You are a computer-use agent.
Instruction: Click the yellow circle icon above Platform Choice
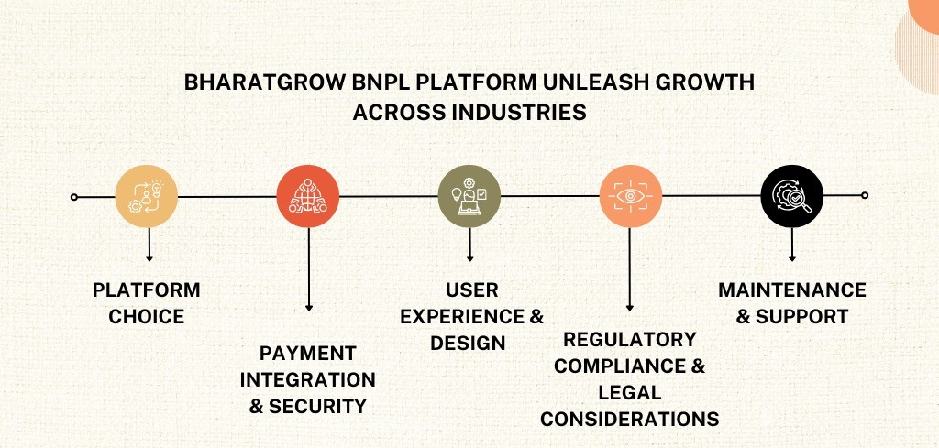coord(146,196)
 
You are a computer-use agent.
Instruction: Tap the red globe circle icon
coord(308,196)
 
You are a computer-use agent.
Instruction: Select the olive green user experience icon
coord(469,196)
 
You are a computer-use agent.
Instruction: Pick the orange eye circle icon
coord(631,196)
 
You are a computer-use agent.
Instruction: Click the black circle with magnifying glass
coord(792,196)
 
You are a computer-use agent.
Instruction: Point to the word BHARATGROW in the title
coord(265,82)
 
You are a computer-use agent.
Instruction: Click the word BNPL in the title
coord(381,82)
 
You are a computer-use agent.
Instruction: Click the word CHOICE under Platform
coord(146,316)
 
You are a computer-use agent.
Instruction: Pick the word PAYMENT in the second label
coord(308,354)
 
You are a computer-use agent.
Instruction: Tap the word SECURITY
coord(317,407)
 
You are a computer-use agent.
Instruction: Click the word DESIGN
coord(469,344)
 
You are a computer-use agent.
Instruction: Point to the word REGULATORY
coord(630,340)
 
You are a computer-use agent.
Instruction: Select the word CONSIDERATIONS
coord(630,420)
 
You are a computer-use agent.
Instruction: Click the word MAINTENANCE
coord(792,290)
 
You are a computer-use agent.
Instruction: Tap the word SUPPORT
coord(801,316)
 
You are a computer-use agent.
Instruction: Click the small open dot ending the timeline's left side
coord(73,197)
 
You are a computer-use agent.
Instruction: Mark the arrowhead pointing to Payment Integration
coord(309,308)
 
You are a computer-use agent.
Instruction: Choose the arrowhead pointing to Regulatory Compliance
coord(629,308)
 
